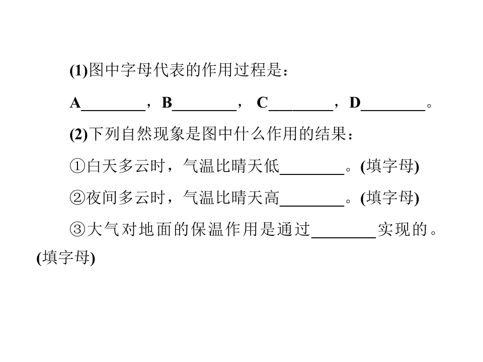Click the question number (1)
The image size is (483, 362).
coord(79,71)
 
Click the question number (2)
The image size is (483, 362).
coord(79,134)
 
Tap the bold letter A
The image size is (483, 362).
coord(75,103)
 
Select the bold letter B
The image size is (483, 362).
coord(167,103)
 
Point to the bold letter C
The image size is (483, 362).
coord(263,103)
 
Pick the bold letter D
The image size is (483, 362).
coord(355,103)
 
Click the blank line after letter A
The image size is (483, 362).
coord(113,110)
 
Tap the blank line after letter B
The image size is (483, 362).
coord(204,110)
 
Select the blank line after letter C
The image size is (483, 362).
coord(301,110)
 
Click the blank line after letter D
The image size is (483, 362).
coord(393,110)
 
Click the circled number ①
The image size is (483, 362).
coord(77,166)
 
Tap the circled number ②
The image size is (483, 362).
coord(77,198)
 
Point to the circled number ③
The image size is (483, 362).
coord(77,230)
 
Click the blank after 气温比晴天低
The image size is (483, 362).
coord(312,174)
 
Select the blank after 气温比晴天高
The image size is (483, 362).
coord(312,206)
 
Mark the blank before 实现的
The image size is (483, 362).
coord(344,238)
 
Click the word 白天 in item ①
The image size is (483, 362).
coord(102,166)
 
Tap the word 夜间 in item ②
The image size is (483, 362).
coord(102,198)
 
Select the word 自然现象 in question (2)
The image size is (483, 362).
coord(153,134)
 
